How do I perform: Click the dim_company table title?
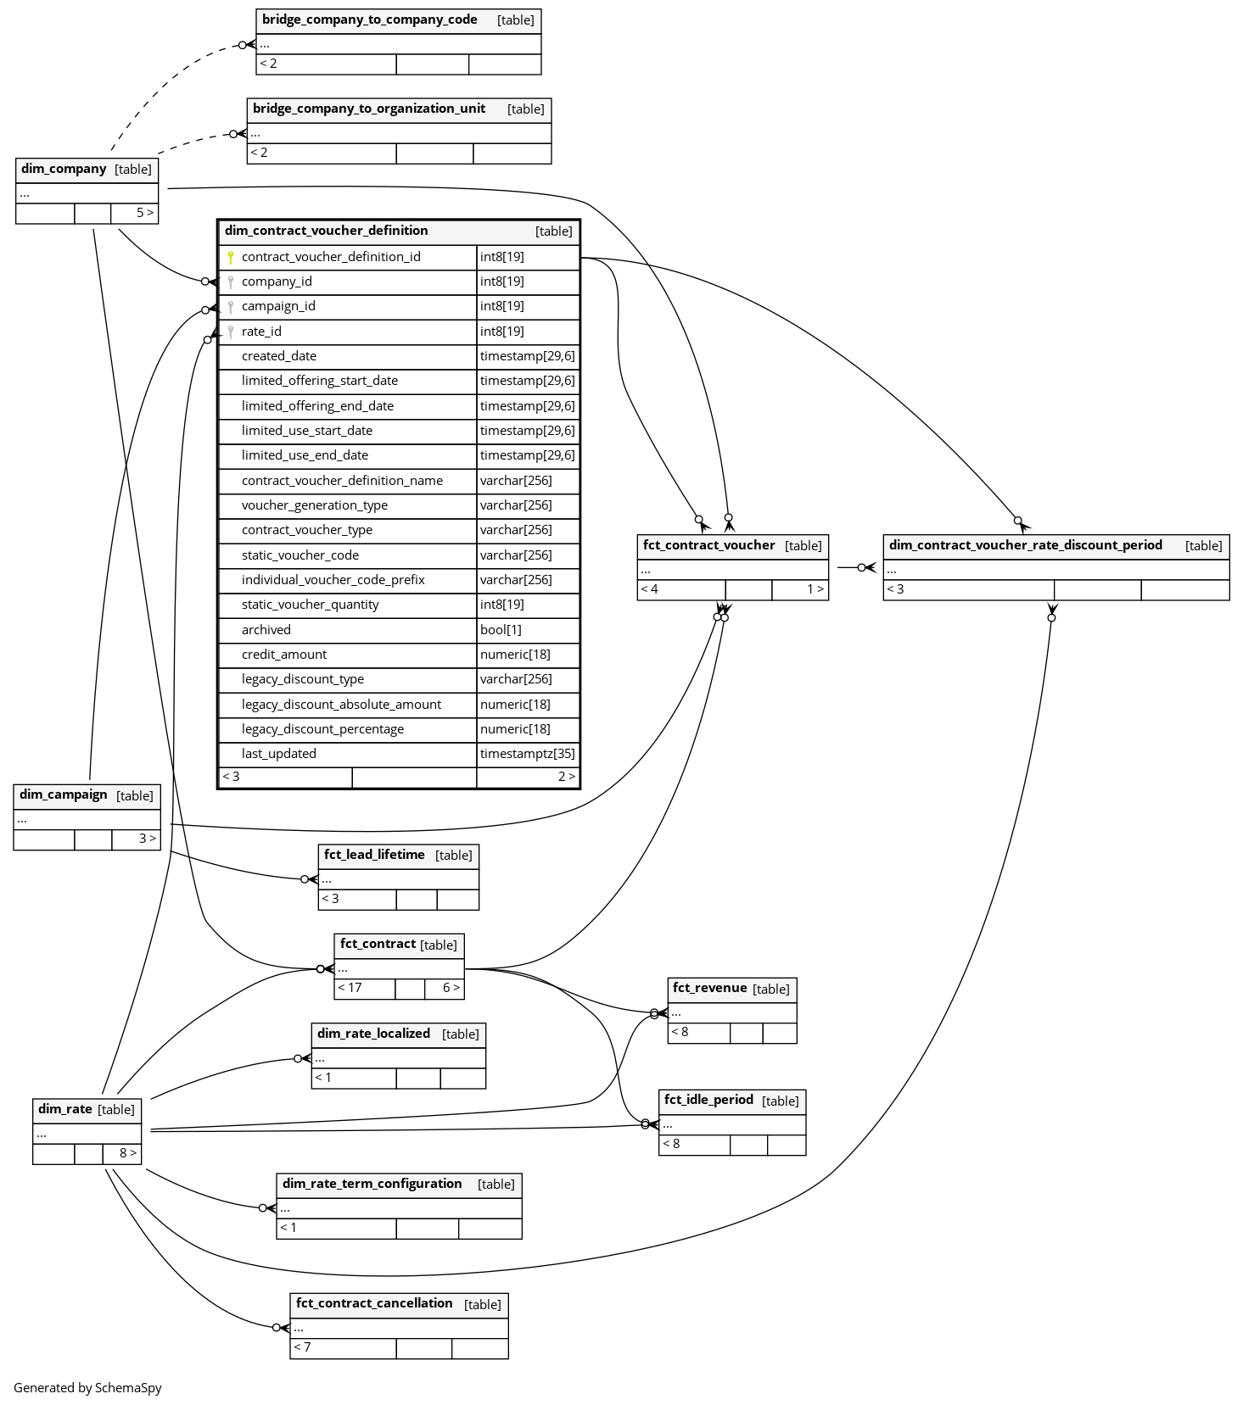[64, 169]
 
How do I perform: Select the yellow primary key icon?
[230, 257]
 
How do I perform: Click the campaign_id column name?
[278, 306]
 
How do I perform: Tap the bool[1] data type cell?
[501, 630]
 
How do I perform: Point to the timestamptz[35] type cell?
[527, 754]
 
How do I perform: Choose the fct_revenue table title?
[709, 988]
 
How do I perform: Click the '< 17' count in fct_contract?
[350, 988]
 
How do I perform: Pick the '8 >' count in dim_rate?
[127, 1153]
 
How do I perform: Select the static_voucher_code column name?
[300, 555]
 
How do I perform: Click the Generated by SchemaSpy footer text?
[87, 1388]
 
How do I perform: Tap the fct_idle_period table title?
[708, 1100]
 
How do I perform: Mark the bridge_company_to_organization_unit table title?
[369, 109]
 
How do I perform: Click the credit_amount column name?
[284, 655]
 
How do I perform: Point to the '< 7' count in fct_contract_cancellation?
[302, 1347]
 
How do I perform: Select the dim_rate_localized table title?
[373, 1034]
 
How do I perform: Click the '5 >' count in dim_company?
[145, 213]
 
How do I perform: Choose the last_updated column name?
[279, 754]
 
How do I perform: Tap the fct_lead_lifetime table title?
[374, 855]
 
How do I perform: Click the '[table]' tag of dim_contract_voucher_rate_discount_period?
[1203, 546]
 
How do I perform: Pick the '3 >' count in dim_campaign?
[147, 839]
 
